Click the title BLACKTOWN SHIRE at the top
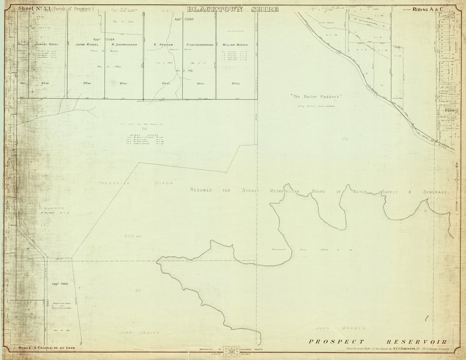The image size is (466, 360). (233, 9)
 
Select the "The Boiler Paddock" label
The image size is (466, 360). (316, 97)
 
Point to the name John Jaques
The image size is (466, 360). (139, 332)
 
